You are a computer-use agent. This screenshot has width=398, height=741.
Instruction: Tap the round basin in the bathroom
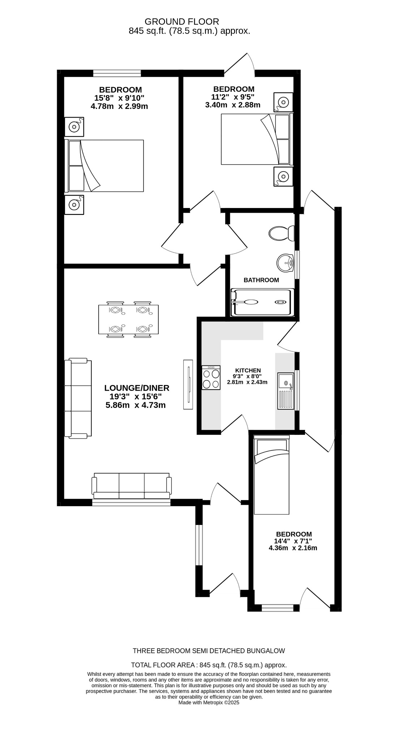click(286, 262)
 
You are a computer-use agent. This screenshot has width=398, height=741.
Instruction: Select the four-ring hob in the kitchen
click(211, 377)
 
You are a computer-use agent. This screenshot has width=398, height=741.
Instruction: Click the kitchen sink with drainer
click(286, 391)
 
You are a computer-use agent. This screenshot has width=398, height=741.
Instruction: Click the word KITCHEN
click(248, 370)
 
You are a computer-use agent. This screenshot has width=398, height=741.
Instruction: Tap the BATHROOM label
click(261, 280)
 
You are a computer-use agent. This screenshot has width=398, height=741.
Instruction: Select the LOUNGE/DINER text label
click(137, 388)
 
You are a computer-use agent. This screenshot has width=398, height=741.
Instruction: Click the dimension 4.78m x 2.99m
click(119, 106)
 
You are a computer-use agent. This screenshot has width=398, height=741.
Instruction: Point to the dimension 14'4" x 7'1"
click(293, 541)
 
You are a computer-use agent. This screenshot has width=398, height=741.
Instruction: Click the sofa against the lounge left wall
click(78, 398)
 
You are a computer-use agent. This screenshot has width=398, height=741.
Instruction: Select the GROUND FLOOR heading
click(181, 22)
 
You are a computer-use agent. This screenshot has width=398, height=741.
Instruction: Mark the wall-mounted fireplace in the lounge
click(188, 384)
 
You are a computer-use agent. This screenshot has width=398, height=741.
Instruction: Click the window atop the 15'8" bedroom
click(117, 73)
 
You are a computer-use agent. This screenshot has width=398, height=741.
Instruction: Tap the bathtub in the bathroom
click(262, 302)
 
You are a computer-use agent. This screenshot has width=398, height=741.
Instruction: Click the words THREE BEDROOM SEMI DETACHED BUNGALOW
click(209, 651)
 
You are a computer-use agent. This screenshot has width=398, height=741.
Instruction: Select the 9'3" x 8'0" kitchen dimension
click(247, 376)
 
